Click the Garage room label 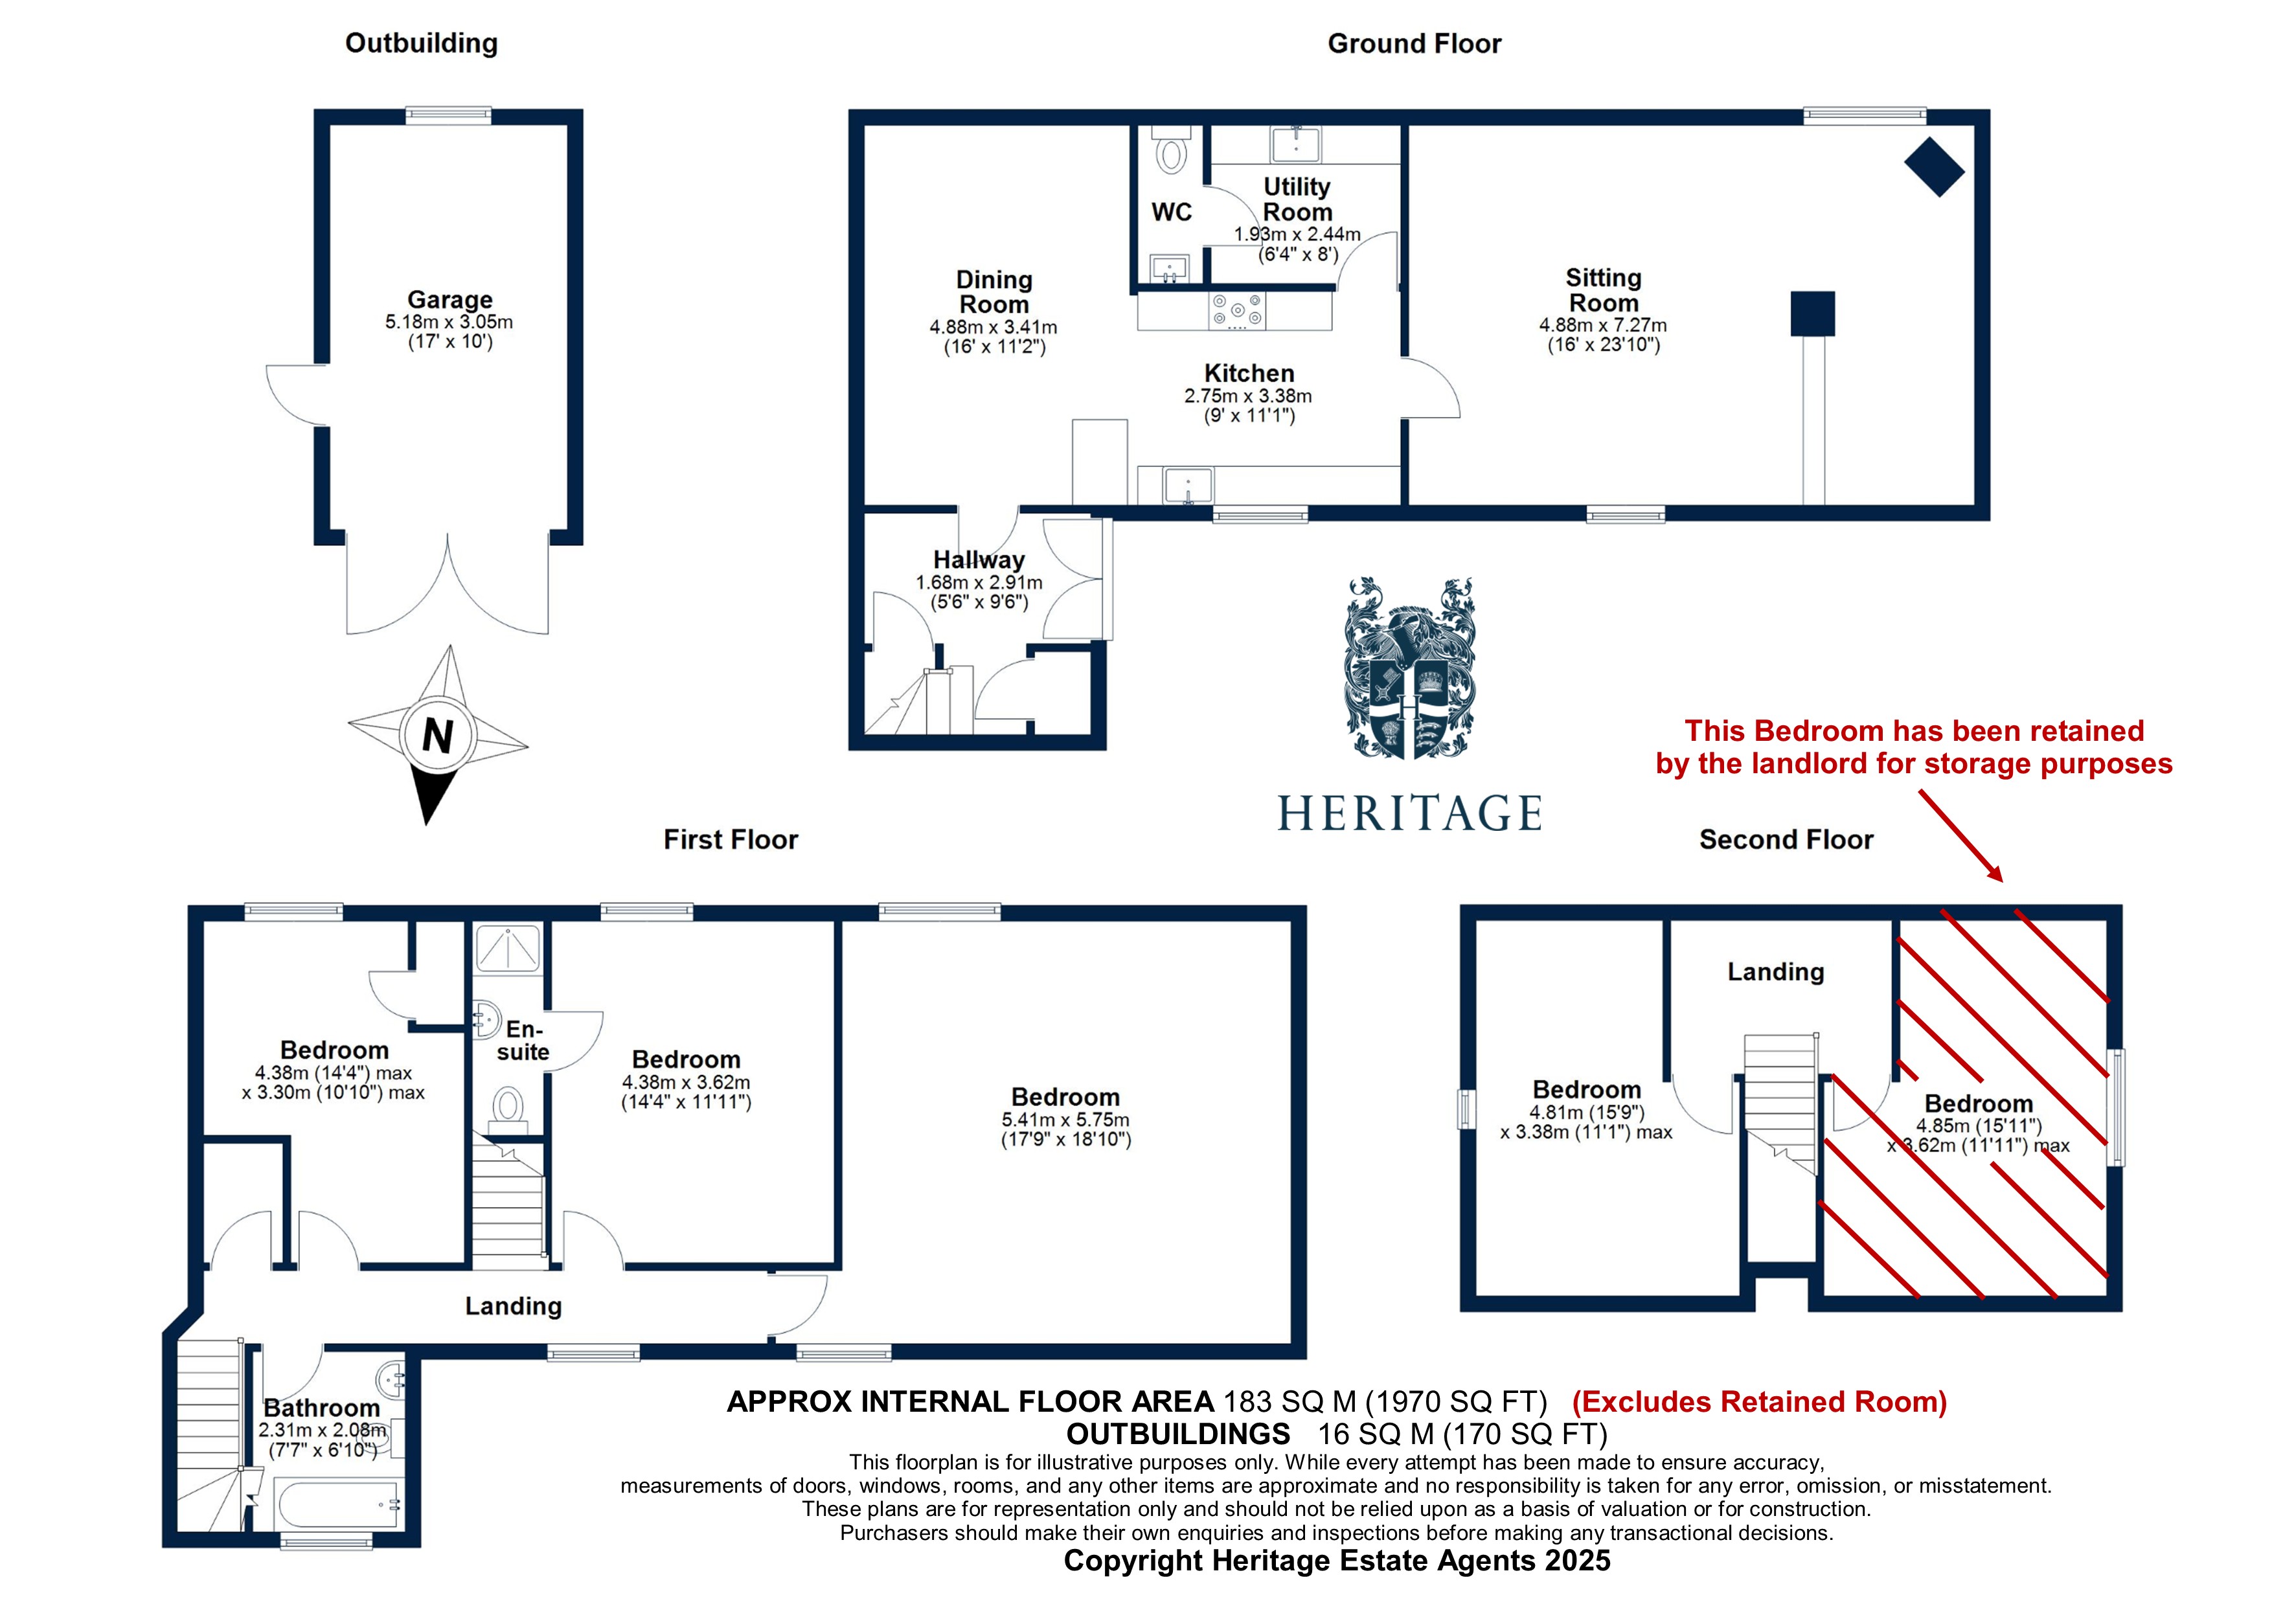tap(449, 300)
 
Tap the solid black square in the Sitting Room tap(1812, 313)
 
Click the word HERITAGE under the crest tap(1409, 813)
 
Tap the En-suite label tap(523, 1041)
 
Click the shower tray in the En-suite tap(508, 948)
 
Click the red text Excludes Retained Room tap(1758, 1402)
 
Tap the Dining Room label tap(994, 292)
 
